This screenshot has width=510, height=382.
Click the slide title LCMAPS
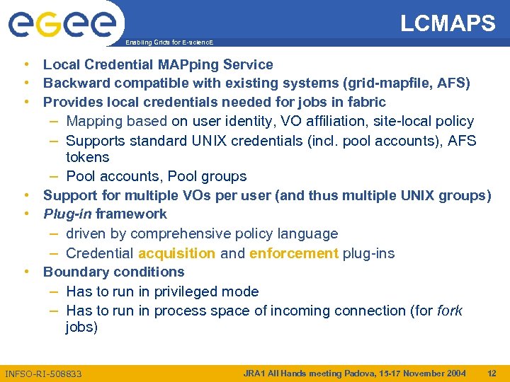click(448, 23)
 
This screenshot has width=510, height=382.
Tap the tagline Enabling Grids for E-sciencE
click(169, 42)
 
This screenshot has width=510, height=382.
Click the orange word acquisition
click(176, 253)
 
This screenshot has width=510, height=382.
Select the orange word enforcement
click(294, 253)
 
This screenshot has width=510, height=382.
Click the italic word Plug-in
click(68, 214)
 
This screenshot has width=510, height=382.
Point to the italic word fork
click(450, 311)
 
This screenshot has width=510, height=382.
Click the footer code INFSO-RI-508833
click(43, 374)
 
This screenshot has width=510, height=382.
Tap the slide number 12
click(492, 373)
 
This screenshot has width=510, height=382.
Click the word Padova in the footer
click(348, 373)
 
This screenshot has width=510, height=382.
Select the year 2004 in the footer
click(454, 373)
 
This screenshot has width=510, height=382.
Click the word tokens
click(87, 157)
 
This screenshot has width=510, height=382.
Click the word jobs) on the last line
click(81, 328)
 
